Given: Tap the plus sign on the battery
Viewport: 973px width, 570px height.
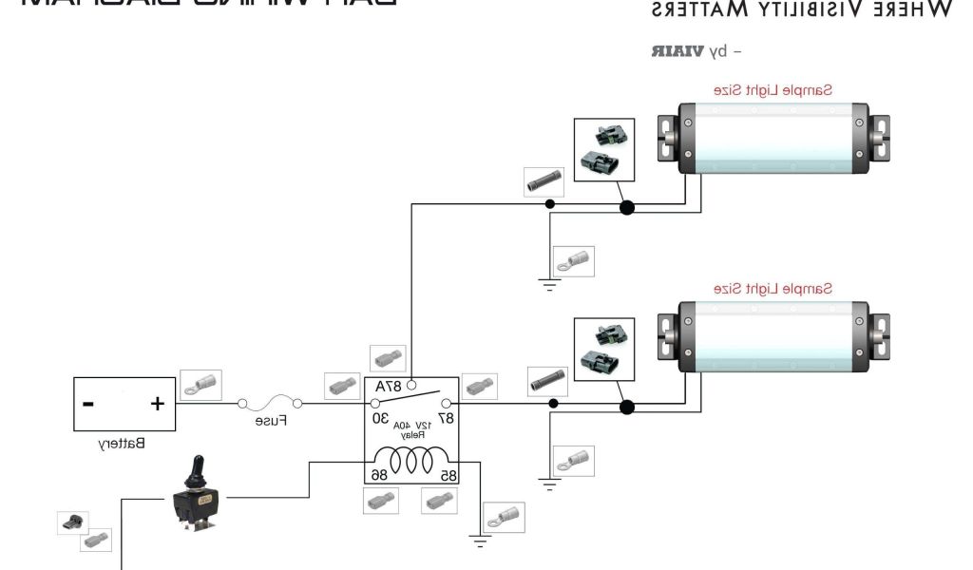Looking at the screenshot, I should (x=157, y=404).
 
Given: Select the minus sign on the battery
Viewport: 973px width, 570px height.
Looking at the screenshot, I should (x=88, y=404).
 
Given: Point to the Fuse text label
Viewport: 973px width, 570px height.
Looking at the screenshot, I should (x=271, y=420).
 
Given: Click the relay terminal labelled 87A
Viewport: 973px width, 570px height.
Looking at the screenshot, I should (x=389, y=387).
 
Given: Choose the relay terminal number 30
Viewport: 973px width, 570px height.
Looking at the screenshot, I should (x=380, y=418).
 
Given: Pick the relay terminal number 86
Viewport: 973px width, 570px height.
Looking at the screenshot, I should (x=377, y=472).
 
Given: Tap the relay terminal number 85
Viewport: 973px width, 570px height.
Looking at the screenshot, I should (x=445, y=472).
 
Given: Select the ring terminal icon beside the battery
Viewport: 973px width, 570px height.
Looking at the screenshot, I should (x=200, y=385).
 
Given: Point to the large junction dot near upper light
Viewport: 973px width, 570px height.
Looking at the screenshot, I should (x=626, y=208).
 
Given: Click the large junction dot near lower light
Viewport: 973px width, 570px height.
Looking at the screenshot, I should (x=626, y=408).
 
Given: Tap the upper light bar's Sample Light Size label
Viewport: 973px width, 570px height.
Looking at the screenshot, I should (x=773, y=90).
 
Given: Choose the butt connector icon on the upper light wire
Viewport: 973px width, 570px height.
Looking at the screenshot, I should (x=547, y=181).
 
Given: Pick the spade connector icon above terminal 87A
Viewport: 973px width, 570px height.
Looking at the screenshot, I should (x=388, y=359).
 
